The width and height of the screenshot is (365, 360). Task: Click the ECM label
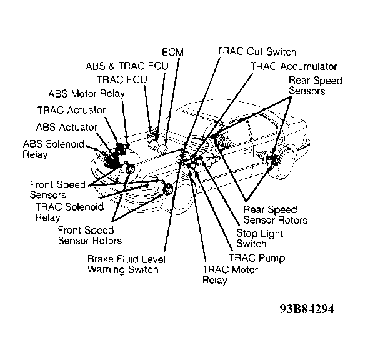(172, 52)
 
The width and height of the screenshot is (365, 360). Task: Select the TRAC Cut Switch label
(257, 51)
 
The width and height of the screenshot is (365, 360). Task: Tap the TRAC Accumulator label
(294, 66)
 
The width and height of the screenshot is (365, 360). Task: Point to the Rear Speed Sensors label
(316, 86)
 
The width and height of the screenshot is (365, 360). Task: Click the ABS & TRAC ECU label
(127, 66)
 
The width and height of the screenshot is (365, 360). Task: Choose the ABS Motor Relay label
(87, 94)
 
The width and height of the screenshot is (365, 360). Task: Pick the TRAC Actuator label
(71, 110)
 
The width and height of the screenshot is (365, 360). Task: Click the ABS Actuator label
(67, 127)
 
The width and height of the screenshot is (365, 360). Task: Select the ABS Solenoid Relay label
(54, 149)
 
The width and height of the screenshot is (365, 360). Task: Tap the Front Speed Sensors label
(57, 189)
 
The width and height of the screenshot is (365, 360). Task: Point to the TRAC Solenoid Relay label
(69, 212)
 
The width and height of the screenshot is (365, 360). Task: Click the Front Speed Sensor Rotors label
(89, 235)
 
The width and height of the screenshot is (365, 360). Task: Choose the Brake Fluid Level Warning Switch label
(126, 264)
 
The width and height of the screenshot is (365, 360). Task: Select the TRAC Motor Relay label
(230, 274)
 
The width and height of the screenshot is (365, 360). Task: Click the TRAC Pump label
(257, 258)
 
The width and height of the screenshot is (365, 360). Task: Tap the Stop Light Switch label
(260, 239)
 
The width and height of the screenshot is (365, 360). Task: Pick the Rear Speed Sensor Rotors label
(276, 215)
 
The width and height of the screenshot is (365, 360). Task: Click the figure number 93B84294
(307, 309)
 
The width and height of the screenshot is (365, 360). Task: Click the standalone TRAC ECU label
(122, 79)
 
